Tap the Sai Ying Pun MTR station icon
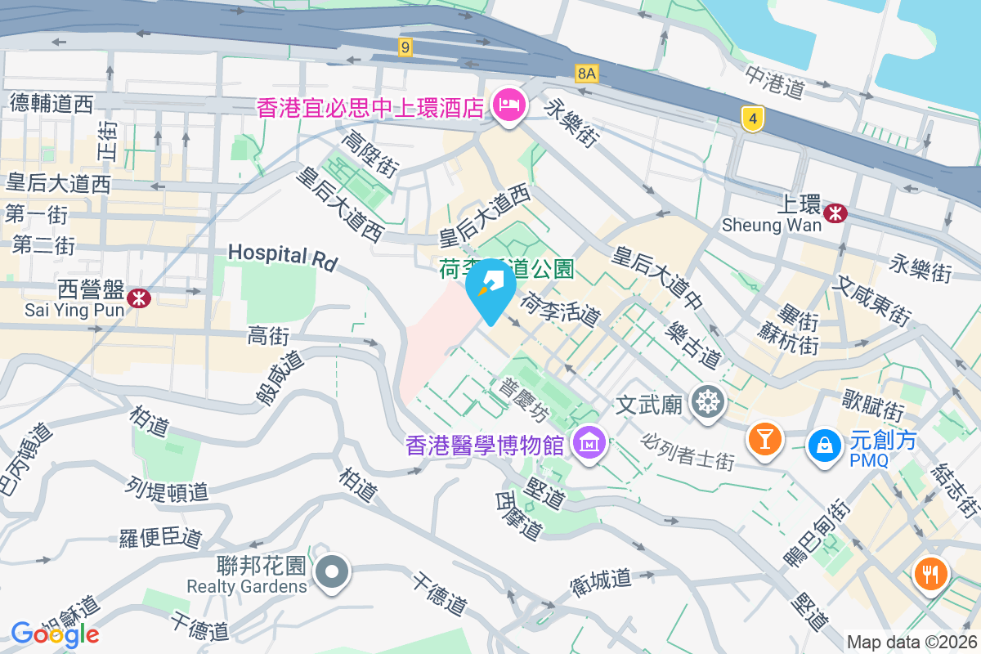139,298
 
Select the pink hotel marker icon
509,105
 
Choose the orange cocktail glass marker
765,440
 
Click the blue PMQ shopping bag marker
824,446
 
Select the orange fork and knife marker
931,575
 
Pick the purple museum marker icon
589,442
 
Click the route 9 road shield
405,47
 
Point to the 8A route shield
587,74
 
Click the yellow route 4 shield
753,119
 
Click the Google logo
55,634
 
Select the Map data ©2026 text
911,643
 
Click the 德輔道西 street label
52,103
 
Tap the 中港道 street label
774,82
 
